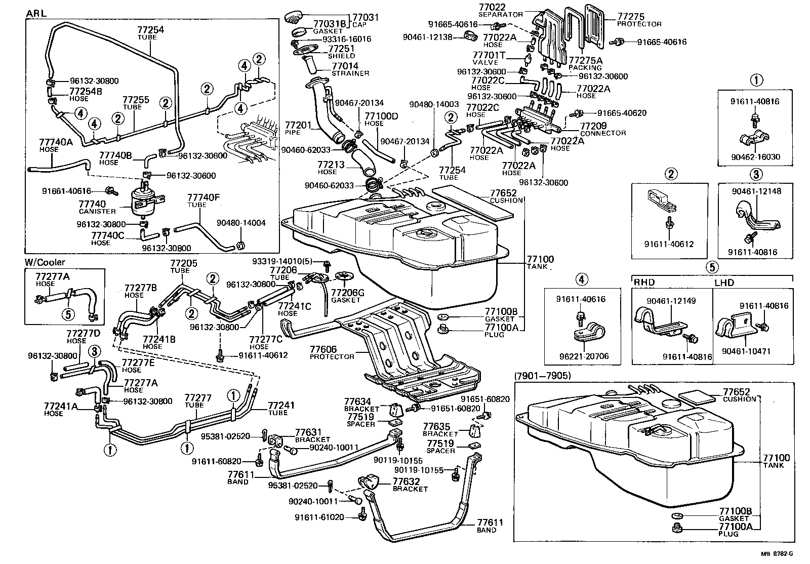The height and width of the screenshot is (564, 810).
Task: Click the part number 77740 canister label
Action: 92,204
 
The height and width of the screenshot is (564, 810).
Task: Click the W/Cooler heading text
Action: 45,262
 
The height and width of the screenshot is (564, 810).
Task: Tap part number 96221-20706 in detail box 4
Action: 583,356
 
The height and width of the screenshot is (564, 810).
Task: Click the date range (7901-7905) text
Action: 542,376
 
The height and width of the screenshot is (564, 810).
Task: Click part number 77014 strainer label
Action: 345,66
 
